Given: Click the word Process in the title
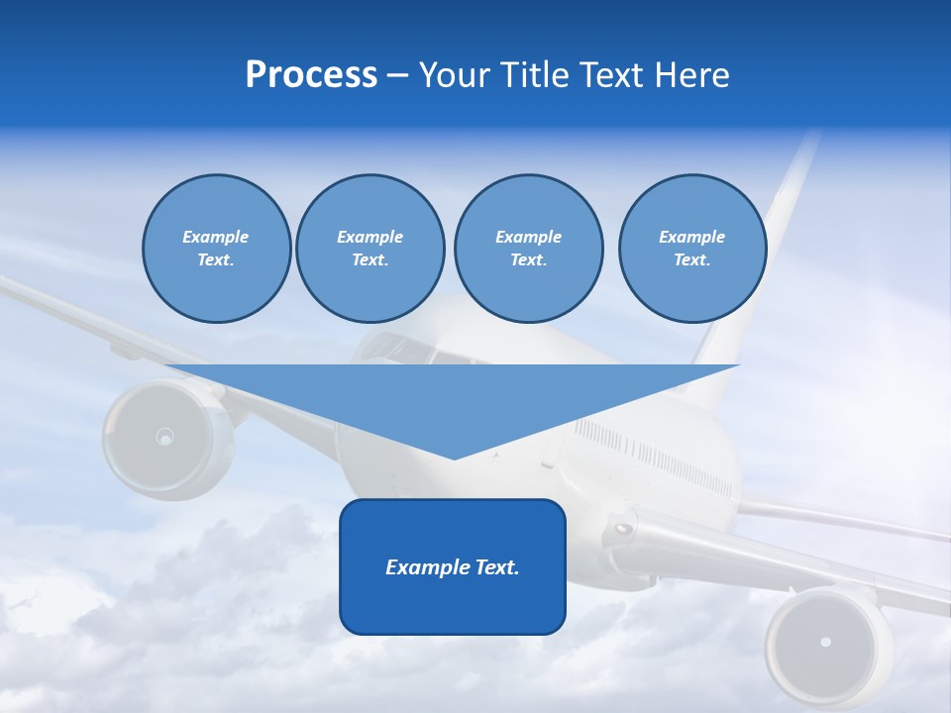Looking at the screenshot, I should [311, 75].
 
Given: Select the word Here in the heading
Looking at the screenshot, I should [689, 75].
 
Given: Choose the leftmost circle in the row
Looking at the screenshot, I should [216, 249].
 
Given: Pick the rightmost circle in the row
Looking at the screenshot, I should [691, 249].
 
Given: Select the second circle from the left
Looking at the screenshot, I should [370, 249].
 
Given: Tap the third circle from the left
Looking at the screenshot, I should [528, 249].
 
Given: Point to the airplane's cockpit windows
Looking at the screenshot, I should [401, 347].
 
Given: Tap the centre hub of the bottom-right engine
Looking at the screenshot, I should [825, 642].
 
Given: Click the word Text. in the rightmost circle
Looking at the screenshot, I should [691, 260].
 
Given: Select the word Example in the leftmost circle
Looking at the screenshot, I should [216, 237].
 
